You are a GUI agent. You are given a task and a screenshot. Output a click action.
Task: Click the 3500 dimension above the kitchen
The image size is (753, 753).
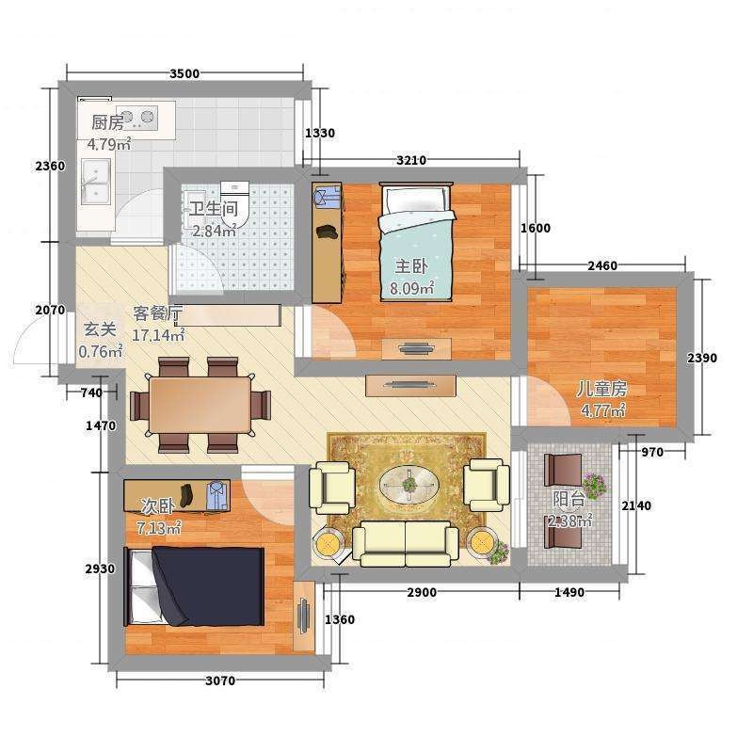pyautogui.click(x=184, y=73)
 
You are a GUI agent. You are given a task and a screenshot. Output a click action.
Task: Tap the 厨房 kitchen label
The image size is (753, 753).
pyautogui.click(x=107, y=123)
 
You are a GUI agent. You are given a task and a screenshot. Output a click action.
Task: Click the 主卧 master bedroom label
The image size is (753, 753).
pyautogui.click(x=411, y=267)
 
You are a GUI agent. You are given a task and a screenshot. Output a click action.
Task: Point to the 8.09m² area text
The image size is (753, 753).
pyautogui.click(x=412, y=288)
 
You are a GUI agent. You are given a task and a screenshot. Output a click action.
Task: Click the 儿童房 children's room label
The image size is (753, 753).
pyautogui.click(x=601, y=389)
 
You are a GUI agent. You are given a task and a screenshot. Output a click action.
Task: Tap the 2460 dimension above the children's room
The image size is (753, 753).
pyautogui.click(x=602, y=265)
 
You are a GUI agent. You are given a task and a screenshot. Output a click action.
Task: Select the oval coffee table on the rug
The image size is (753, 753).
pyautogui.click(x=409, y=485)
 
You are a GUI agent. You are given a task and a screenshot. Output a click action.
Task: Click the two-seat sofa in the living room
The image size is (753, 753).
pyautogui.click(x=406, y=543)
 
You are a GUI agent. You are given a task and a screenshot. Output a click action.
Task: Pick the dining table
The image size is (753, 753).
pyautogui.click(x=200, y=405)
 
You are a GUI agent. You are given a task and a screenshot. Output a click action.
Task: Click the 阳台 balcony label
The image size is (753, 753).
pyautogui.click(x=569, y=500)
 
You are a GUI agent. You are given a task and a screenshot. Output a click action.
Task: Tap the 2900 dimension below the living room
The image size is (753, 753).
pyautogui.click(x=422, y=593)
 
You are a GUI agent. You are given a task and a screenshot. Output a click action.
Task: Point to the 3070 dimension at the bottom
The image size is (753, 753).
pyautogui.click(x=220, y=681)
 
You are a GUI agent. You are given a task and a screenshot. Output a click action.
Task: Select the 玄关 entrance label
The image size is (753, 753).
pyautogui.click(x=100, y=330)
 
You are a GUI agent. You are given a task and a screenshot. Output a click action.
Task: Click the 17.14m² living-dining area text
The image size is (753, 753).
pyautogui.click(x=158, y=335)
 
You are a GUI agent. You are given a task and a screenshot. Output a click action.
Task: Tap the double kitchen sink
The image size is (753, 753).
pyautogui.click(x=95, y=181)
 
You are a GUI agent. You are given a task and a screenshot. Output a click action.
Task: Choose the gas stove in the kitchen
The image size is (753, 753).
pyautogui.click(x=136, y=118)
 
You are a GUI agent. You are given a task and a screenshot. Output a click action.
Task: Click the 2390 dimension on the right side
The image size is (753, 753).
pyautogui.click(x=701, y=358)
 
